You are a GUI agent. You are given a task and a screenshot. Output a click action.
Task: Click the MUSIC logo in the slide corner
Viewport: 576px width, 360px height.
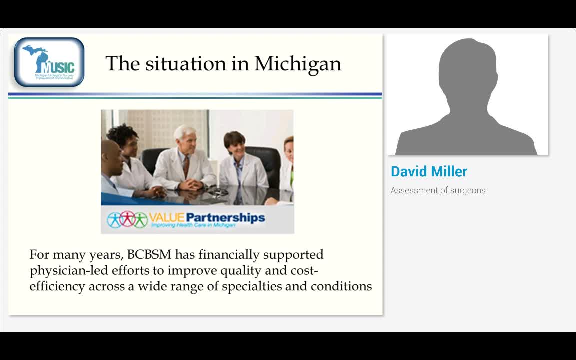pyautogui.click(x=49, y=62)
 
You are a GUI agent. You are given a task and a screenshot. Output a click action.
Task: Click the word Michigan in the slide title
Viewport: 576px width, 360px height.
pyautogui.click(x=298, y=64)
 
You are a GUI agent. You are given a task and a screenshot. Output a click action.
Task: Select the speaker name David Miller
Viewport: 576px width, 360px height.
pyautogui.click(x=429, y=171)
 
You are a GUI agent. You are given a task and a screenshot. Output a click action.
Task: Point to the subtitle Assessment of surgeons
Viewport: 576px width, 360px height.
pyautogui.click(x=438, y=190)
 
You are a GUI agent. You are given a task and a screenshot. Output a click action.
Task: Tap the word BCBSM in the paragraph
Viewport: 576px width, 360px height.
pyautogui.click(x=149, y=255)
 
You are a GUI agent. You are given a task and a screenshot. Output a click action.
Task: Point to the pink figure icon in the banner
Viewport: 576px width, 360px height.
pyautogui.click(x=128, y=219)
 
